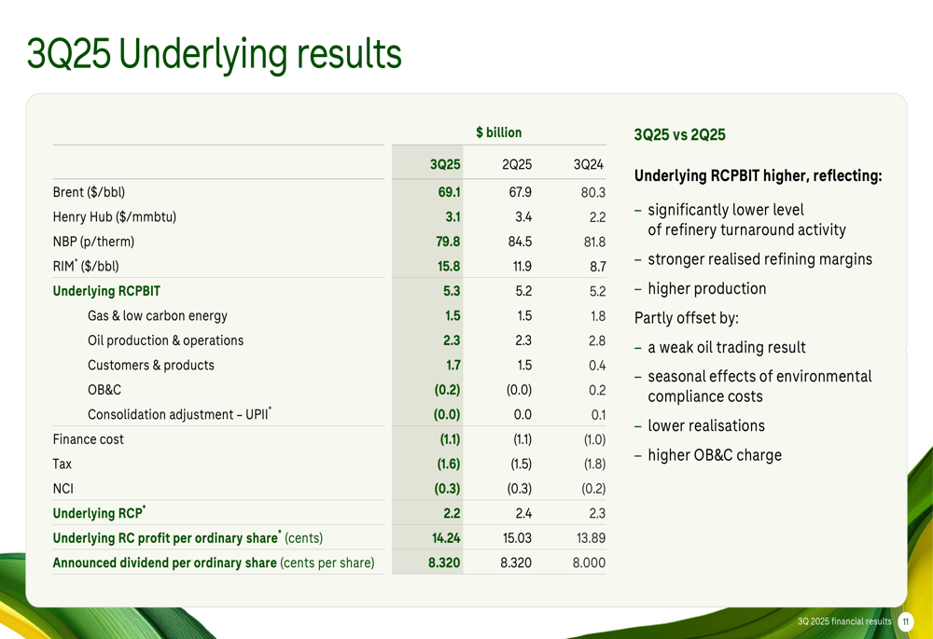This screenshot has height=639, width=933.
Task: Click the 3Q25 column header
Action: (x=445, y=164)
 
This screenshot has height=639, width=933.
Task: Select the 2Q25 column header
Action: (x=517, y=164)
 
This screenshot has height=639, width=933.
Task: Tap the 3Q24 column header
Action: (x=589, y=164)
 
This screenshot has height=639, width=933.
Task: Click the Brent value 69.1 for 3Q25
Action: (x=450, y=192)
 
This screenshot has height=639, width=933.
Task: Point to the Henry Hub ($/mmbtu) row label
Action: (x=114, y=217)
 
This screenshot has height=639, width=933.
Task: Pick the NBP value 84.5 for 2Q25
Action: (x=520, y=242)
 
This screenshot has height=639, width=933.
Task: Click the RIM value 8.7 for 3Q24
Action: (x=597, y=267)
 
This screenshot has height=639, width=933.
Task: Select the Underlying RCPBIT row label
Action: (x=106, y=291)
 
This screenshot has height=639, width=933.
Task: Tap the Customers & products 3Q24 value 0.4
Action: (x=597, y=366)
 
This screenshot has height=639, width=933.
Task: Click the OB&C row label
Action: (x=104, y=390)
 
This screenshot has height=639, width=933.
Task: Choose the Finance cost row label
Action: (x=88, y=439)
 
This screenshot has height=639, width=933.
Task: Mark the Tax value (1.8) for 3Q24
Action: (x=594, y=464)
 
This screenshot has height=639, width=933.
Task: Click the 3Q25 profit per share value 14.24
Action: (x=446, y=538)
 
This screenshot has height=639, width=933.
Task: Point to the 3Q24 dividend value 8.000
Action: (x=589, y=563)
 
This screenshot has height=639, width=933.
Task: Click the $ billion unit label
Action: (x=498, y=132)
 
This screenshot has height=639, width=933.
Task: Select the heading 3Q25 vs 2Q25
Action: (x=679, y=134)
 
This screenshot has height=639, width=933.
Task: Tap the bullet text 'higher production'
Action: (x=707, y=288)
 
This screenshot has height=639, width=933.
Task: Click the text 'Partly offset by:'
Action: (x=686, y=318)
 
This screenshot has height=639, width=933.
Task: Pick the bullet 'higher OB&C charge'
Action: (x=715, y=455)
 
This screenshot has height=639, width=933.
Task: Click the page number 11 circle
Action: (x=906, y=622)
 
